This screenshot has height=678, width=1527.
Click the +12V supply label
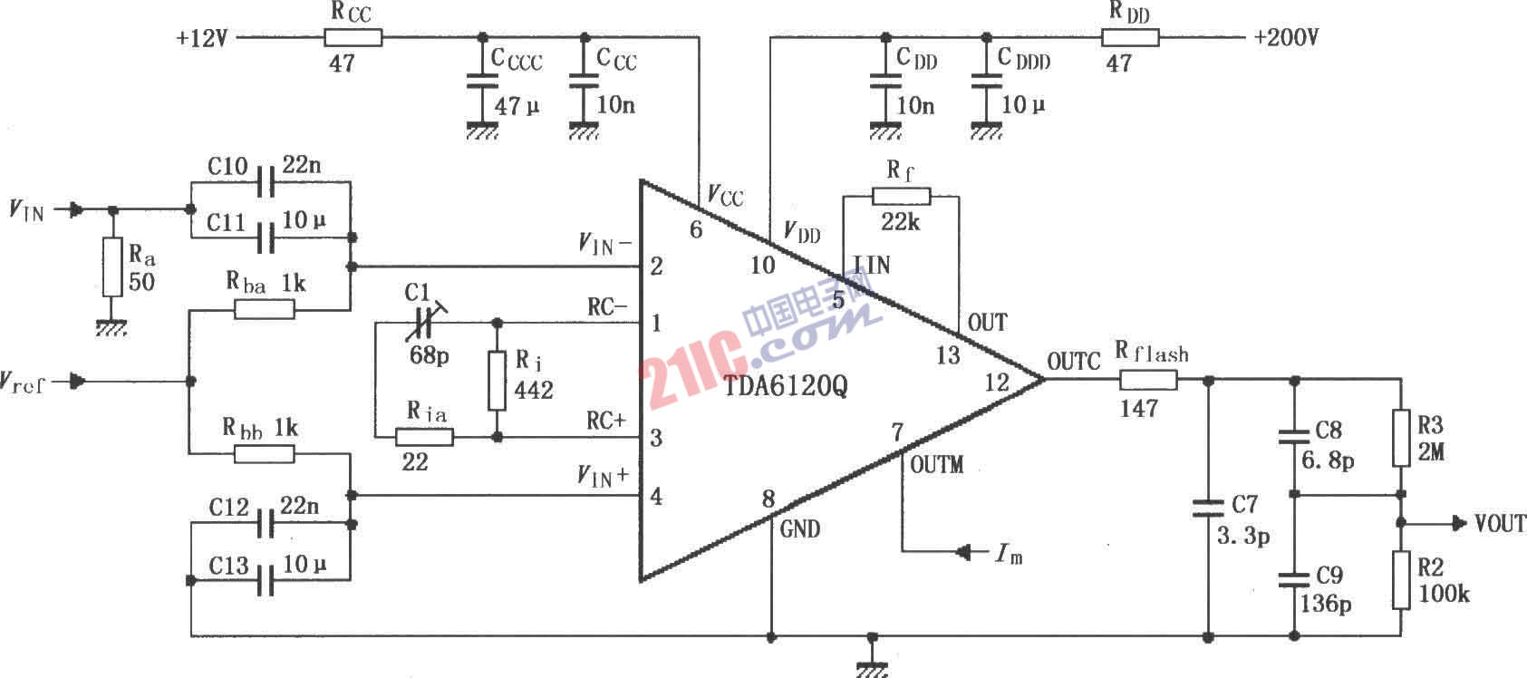(202, 38)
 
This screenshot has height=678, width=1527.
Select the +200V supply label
(1286, 37)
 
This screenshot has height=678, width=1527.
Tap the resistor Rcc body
(353, 37)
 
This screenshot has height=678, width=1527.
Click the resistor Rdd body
(1130, 37)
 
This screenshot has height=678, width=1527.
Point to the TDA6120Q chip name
(786, 387)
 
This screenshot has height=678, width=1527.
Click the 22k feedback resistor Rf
(901, 197)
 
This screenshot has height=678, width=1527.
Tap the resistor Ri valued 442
(497, 381)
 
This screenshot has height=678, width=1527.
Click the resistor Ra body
(112, 266)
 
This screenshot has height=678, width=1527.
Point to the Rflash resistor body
(1149, 380)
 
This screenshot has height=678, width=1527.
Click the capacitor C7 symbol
(1208, 508)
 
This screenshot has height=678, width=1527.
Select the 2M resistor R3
(1401, 439)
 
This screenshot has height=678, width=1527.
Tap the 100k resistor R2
(1401, 580)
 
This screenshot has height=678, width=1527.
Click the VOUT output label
(1500, 524)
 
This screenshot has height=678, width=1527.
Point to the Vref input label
(22, 383)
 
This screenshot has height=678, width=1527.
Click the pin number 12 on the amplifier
(997, 383)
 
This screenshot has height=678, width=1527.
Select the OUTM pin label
(937, 465)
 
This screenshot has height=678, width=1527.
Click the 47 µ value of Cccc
(517, 106)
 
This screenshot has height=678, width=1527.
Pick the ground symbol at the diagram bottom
(872, 668)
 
